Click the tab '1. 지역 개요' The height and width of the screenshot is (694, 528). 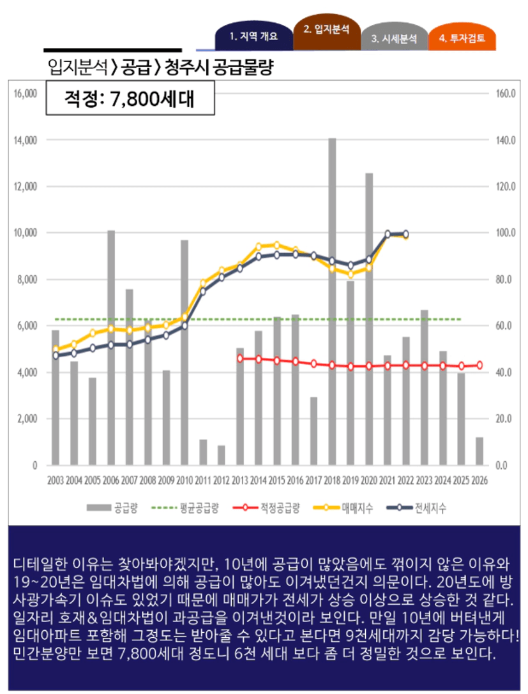click(x=253, y=37)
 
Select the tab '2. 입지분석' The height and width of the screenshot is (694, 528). click(x=326, y=29)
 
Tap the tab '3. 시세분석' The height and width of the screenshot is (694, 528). click(x=394, y=38)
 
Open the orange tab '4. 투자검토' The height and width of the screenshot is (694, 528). click(x=462, y=38)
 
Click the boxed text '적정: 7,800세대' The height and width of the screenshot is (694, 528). click(x=130, y=100)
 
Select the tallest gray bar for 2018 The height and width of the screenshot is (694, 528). click(x=332, y=300)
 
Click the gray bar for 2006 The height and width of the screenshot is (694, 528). click(x=111, y=348)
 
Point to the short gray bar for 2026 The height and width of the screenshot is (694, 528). click(x=479, y=451)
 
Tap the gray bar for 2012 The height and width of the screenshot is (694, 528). click(x=222, y=455)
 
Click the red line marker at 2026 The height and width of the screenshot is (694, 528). click(x=479, y=365)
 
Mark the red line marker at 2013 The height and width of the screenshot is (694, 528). click(x=240, y=358)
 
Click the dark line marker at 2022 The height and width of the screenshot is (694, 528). click(x=406, y=234)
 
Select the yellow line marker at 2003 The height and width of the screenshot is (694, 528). click(x=56, y=349)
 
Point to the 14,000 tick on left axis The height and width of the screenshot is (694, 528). click(x=26, y=140)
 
